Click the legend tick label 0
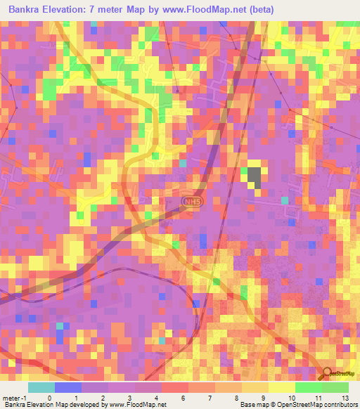(49, 397)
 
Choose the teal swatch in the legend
(41, 387)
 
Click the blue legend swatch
(67, 387)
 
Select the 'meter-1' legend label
(15, 397)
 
